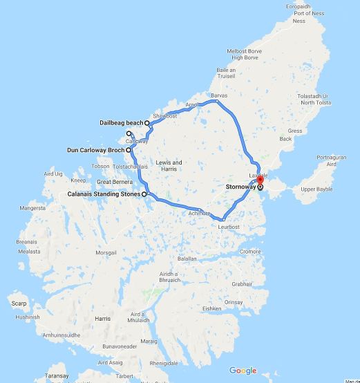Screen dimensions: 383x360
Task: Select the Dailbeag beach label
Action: click(x=121, y=123)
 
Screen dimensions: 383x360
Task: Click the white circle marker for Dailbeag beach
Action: click(x=147, y=123)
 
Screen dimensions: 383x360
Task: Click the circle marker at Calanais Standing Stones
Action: click(x=144, y=194)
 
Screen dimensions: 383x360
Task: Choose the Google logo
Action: click(x=243, y=371)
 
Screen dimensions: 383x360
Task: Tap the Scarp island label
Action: click(x=19, y=303)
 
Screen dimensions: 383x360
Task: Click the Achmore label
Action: click(x=199, y=214)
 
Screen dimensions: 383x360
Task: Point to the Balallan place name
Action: click(x=188, y=258)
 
